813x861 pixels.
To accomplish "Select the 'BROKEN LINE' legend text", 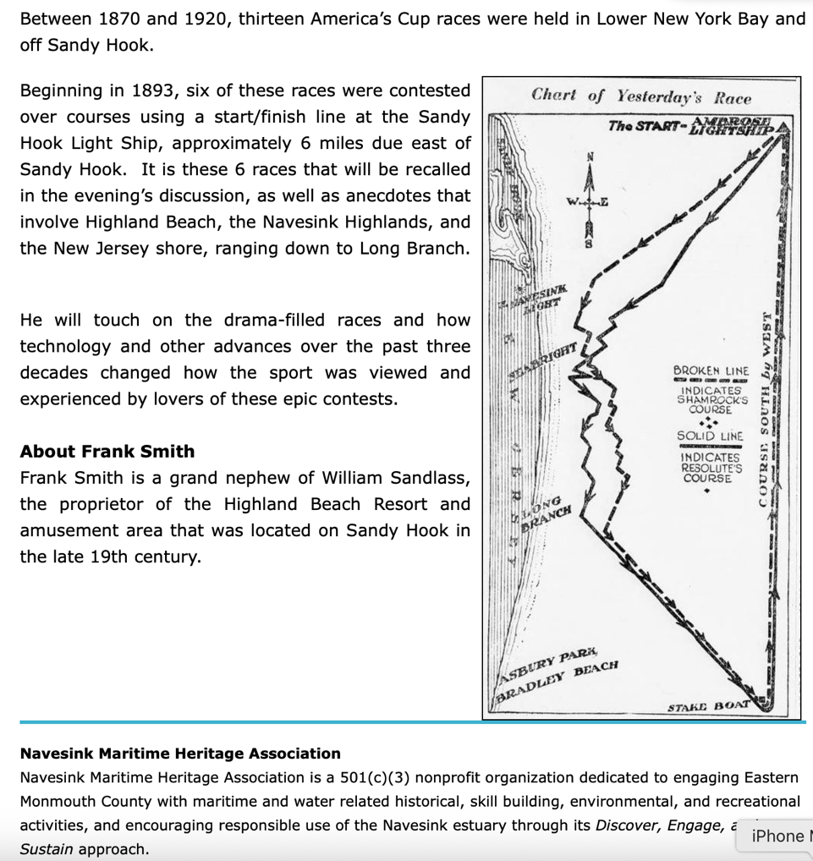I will (711, 370).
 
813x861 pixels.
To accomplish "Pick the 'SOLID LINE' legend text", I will (710, 436).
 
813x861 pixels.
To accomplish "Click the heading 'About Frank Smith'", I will (107, 451).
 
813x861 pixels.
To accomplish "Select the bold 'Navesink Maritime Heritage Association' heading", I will (180, 753).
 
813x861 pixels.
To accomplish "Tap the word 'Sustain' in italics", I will (47, 848).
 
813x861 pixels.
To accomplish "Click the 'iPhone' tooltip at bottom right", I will (777, 836).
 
